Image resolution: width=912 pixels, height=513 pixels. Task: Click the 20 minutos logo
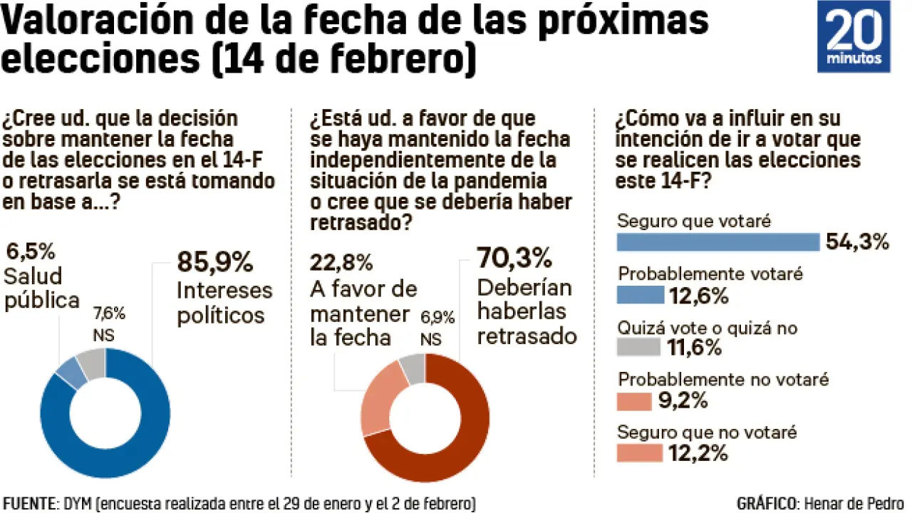pos(853,36)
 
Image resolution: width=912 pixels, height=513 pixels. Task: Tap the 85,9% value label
pos(214,261)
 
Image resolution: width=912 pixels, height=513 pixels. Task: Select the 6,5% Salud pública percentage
pos(30,251)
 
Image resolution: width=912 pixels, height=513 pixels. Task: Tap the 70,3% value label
pos(514,256)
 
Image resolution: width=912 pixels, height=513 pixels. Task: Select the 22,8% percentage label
pos(341,262)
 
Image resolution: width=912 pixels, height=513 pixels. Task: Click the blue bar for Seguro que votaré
pos(718,242)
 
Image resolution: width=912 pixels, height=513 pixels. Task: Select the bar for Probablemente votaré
pos(640,295)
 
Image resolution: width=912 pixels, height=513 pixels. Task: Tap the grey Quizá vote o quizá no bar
pos(639,347)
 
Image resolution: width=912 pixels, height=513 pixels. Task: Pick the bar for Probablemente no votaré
pos(634,401)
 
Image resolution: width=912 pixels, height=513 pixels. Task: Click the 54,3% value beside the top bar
pos(858,242)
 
